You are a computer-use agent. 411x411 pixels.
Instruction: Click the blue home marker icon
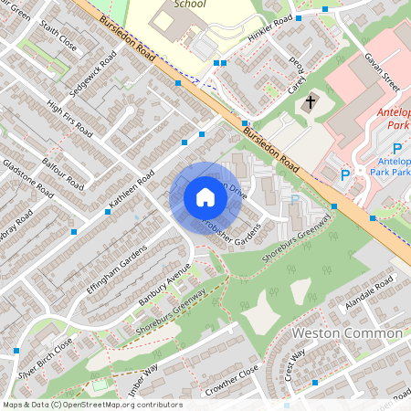tap(205, 197)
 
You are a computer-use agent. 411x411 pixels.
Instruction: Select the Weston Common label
tap(346, 333)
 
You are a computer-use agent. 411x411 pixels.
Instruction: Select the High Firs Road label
tap(69, 119)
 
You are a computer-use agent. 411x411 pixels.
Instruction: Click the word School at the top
tap(189, 5)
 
